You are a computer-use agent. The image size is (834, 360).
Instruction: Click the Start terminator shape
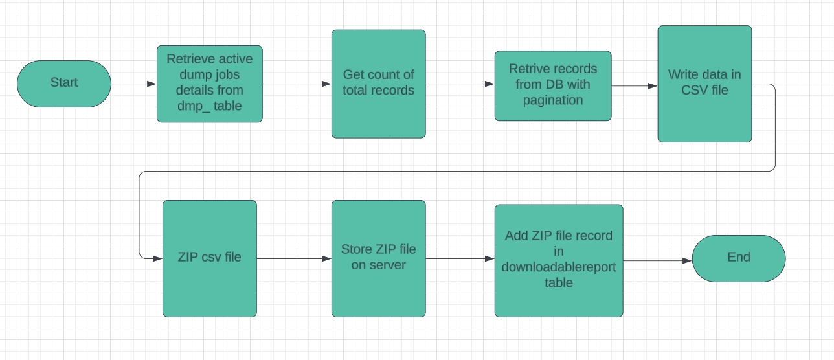(64, 84)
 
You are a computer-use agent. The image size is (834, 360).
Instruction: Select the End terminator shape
(738, 258)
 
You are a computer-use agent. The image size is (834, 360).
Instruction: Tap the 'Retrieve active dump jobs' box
(209, 84)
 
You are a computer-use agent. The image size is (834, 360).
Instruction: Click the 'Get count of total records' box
(378, 84)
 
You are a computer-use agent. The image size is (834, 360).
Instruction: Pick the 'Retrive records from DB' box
(552, 85)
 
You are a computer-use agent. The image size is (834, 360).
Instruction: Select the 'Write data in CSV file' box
(704, 84)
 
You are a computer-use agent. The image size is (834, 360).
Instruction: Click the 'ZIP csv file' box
(209, 258)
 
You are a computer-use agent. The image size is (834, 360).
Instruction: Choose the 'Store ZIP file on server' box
(378, 258)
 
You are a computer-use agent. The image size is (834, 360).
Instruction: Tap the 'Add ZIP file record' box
(558, 260)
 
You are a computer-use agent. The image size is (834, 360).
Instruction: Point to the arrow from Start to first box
(133, 84)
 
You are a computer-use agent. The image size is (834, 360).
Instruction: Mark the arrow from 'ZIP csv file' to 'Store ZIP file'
(294, 258)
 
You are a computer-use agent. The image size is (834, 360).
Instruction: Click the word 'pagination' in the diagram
(553, 100)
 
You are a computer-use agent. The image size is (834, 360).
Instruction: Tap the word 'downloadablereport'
(558, 267)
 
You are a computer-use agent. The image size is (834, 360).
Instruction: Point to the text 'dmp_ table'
(209, 106)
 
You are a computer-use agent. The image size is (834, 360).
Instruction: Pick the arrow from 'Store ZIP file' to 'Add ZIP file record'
(460, 258)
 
